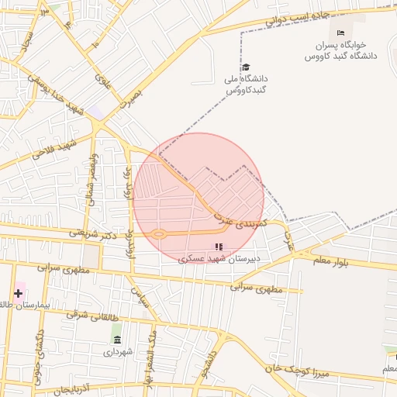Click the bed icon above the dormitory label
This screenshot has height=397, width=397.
click(341, 33)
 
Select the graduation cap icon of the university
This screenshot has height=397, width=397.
click(247, 67)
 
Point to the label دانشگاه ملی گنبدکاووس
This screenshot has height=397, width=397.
click(247, 85)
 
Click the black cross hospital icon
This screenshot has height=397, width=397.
click(18, 293)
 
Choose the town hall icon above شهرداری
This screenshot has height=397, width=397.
click(117, 338)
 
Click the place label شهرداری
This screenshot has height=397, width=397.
click(118, 351)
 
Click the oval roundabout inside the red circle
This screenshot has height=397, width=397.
click(158, 233)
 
